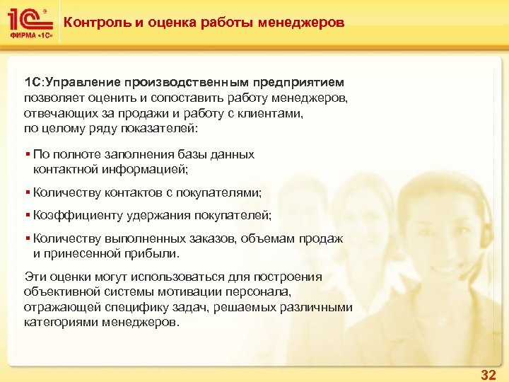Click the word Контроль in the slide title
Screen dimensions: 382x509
tap(93, 23)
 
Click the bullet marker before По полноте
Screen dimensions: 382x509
tap(27, 154)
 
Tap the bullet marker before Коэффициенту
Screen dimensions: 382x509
tap(27, 215)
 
